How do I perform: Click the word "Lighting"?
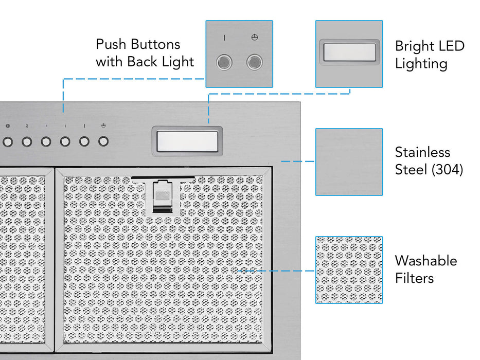pyautogui.click(x=421, y=64)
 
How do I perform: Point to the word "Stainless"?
pyautogui.click(x=422, y=152)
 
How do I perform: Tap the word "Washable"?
pyautogui.click(x=425, y=261)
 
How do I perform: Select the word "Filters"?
pyautogui.click(x=414, y=278)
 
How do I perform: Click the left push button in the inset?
pyautogui.click(x=224, y=63)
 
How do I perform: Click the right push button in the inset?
pyautogui.click(x=254, y=63)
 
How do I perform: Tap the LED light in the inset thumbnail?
pyautogui.click(x=349, y=51)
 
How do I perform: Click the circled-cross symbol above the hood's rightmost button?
pyautogui.click(x=103, y=126)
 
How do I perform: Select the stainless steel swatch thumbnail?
pyautogui.click(x=349, y=161)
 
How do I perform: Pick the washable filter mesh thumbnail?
pyautogui.click(x=349, y=269)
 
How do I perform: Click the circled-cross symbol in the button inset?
pyautogui.click(x=254, y=38)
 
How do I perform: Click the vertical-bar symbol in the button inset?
pyautogui.click(x=224, y=38)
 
